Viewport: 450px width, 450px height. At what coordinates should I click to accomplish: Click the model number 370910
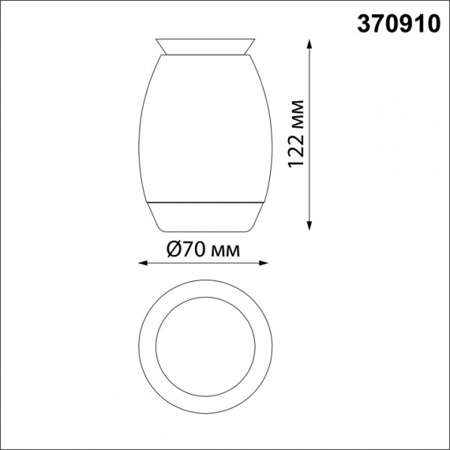point(396,25)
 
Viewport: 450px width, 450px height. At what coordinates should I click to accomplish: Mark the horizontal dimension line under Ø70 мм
point(203,263)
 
